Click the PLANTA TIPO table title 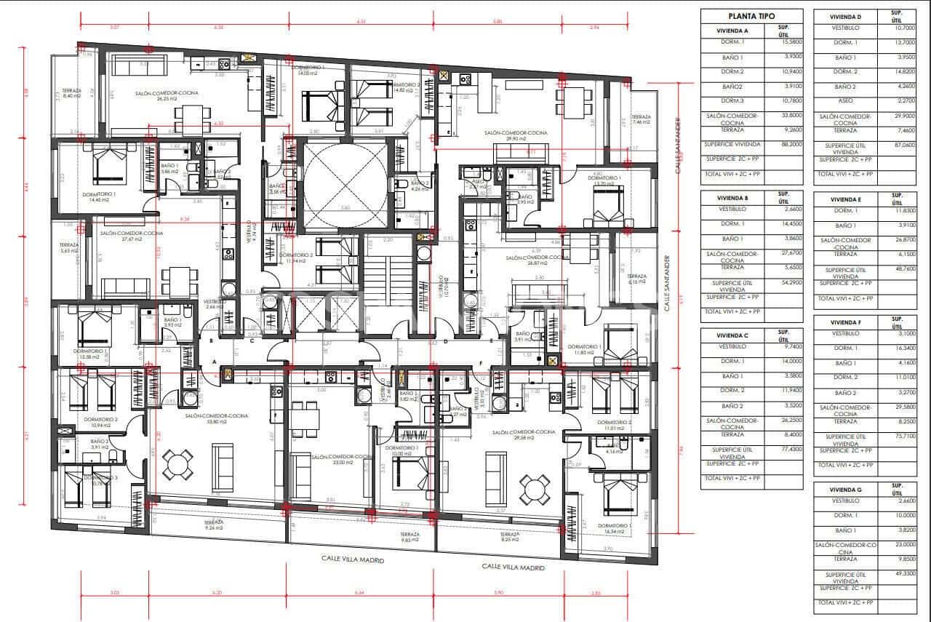pyautogui.click(x=751, y=16)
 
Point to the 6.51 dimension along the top pyautogui.click(x=361, y=22)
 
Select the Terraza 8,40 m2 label pyautogui.click(x=71, y=94)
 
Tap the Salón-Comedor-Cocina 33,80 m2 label pyautogui.click(x=216, y=418)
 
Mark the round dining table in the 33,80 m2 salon pyautogui.click(x=177, y=463)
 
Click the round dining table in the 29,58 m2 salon pyautogui.click(x=535, y=484)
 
